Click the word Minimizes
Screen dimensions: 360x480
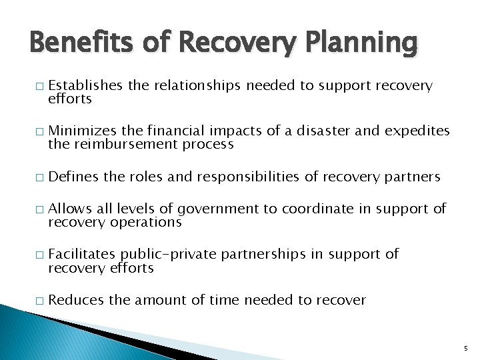[81, 131]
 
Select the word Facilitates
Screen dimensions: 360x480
[82, 254]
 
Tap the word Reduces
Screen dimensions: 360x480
[76, 300]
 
